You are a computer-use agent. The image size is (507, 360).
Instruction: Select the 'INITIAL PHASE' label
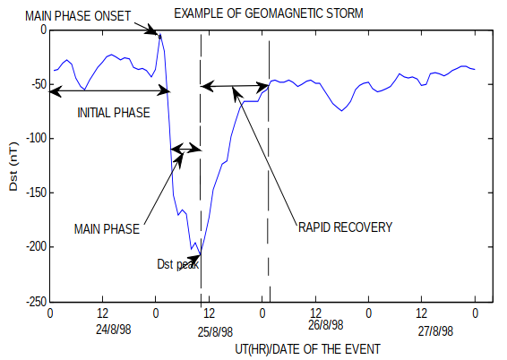[x=113, y=113]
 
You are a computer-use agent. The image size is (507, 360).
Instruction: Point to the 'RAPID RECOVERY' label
[x=345, y=227]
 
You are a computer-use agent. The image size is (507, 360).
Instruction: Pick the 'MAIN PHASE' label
[x=107, y=229]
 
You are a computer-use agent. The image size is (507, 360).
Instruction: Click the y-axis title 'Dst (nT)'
[x=12, y=165]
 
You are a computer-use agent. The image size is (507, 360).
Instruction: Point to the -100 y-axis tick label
[x=33, y=139]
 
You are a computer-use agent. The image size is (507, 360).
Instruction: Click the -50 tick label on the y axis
[x=36, y=84]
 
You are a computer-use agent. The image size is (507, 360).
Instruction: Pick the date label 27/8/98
[x=434, y=329]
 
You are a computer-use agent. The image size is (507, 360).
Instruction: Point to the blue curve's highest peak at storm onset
[x=159, y=34]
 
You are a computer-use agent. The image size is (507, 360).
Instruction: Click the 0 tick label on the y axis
[x=41, y=30]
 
